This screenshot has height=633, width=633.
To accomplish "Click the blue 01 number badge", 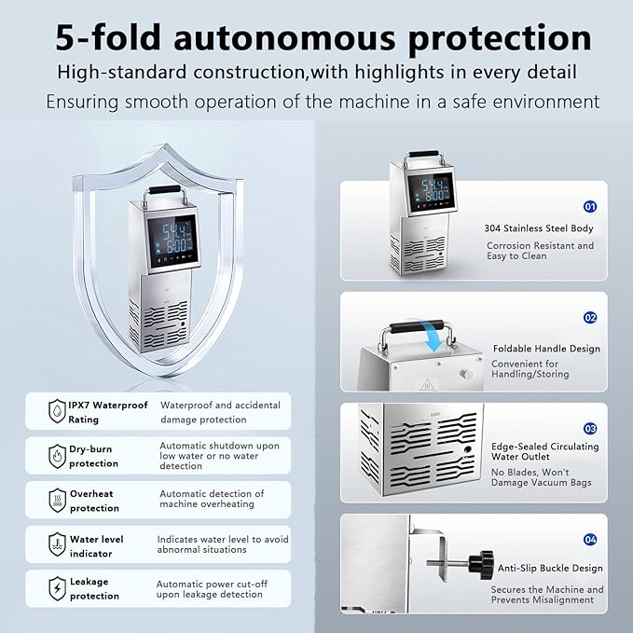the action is [x=590, y=207].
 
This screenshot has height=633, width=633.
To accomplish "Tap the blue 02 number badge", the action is [x=590, y=318].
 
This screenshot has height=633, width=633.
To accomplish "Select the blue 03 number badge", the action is [x=590, y=428].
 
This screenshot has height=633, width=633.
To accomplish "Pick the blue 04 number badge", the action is [x=590, y=540].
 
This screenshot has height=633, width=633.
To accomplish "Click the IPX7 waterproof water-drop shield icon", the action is [x=57, y=411].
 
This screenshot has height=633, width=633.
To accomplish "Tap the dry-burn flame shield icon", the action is [x=57, y=456].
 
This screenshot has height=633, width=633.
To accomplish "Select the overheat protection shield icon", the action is [x=57, y=501].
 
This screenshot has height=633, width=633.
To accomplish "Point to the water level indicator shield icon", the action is [x=57, y=544].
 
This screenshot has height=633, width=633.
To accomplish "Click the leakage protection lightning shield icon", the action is [x=57, y=588].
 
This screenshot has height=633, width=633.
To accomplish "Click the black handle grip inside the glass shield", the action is [x=165, y=190].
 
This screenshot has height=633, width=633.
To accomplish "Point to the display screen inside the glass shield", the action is [x=172, y=240].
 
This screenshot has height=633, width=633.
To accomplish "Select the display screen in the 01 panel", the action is [x=432, y=190].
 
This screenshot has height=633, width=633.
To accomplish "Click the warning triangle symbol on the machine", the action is [x=427, y=385].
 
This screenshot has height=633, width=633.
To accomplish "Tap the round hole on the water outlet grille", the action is [x=467, y=450].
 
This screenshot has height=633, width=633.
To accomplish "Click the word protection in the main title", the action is [x=500, y=38].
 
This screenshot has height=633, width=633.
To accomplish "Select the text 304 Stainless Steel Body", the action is [x=539, y=228].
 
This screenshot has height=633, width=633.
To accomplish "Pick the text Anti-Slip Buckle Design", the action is [x=550, y=568].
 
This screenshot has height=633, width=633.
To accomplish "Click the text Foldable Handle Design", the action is [x=546, y=349].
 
